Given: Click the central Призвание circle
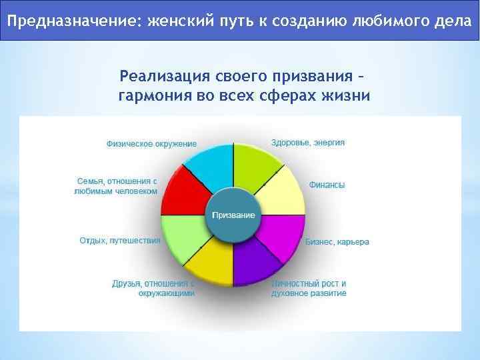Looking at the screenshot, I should [233, 215].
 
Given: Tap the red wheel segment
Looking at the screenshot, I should [183, 193].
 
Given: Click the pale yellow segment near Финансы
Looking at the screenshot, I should [283, 193].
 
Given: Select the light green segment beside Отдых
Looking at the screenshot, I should [183, 238].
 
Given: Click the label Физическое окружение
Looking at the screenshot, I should [151, 144].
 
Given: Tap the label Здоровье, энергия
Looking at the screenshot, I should [308, 143].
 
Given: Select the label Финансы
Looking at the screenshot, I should [327, 185].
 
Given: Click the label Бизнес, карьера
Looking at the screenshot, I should [337, 242].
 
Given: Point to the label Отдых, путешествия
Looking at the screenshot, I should [120, 241].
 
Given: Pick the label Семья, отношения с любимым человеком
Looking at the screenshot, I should [116, 186].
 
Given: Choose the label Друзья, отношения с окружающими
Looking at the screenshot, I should [153, 288].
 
